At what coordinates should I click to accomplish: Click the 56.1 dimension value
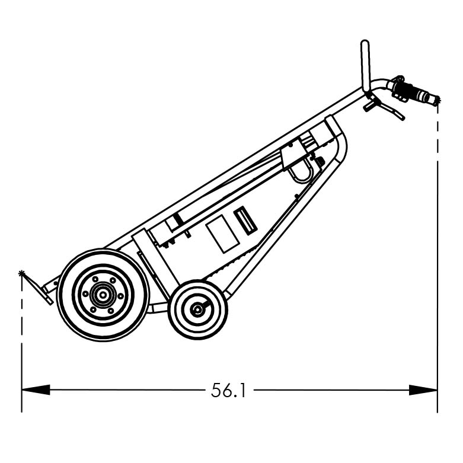click(x=228, y=390)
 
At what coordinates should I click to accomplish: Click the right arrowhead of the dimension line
click(x=423, y=390)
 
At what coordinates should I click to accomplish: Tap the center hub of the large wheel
click(x=103, y=295)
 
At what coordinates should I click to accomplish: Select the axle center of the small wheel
click(x=197, y=309)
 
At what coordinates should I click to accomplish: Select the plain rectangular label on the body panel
click(x=222, y=234)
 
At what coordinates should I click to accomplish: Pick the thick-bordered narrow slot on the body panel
click(x=245, y=221)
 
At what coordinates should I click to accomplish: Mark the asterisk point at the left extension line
click(x=22, y=273)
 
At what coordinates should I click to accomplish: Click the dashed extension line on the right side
click(x=438, y=237)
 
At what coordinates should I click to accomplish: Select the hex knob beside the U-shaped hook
click(x=321, y=162)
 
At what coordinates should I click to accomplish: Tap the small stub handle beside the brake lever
click(x=369, y=106)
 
